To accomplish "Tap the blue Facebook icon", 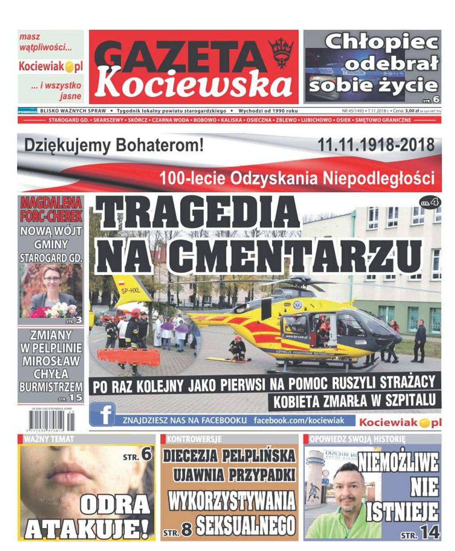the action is [x=102, y=415].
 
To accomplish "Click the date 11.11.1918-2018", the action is [x=376, y=144].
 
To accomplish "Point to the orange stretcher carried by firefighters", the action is [x=129, y=356].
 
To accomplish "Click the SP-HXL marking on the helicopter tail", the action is [x=131, y=290].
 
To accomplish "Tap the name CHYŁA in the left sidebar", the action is [x=51, y=374].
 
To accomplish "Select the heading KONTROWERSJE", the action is [x=194, y=439].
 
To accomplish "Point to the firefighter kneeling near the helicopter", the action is [x=237, y=348].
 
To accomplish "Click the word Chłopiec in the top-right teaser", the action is [x=381, y=42].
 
